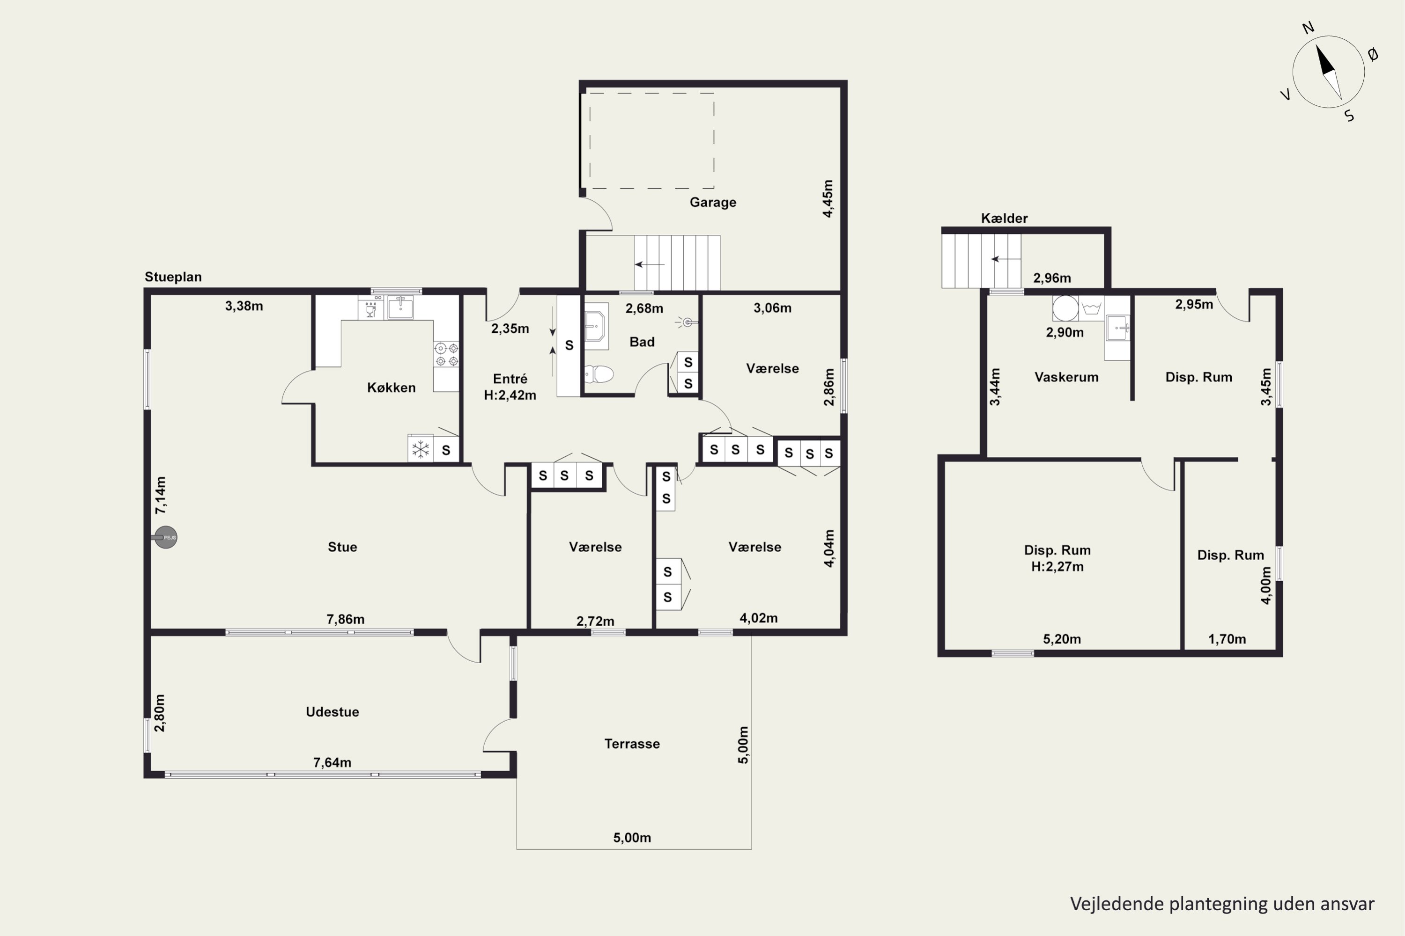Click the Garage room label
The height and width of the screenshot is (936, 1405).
pyautogui.click(x=713, y=202)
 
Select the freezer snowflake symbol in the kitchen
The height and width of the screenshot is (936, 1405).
pyautogui.click(x=421, y=449)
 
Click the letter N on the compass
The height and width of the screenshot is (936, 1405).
pyautogui.click(x=1308, y=28)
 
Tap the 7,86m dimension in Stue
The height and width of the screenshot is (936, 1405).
pyautogui.click(x=345, y=619)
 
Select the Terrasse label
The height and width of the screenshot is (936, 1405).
pyautogui.click(x=632, y=744)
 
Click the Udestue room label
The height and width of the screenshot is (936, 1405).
pyautogui.click(x=332, y=711)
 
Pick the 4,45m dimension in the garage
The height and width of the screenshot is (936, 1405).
pyautogui.click(x=828, y=199)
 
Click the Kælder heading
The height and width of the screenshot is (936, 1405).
pyautogui.click(x=1004, y=219)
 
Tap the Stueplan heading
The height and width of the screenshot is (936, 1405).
pyautogui.click(x=173, y=277)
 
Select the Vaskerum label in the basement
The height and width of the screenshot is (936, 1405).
pyautogui.click(x=1066, y=377)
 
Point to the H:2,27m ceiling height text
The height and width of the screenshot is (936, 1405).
pyautogui.click(x=1057, y=566)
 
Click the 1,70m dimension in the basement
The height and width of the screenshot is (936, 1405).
pyautogui.click(x=1227, y=639)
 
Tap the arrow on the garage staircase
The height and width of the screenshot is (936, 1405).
pyautogui.click(x=649, y=264)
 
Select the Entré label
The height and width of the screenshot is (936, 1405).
pyautogui.click(x=510, y=379)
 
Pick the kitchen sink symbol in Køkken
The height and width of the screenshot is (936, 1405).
pyautogui.click(x=400, y=307)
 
